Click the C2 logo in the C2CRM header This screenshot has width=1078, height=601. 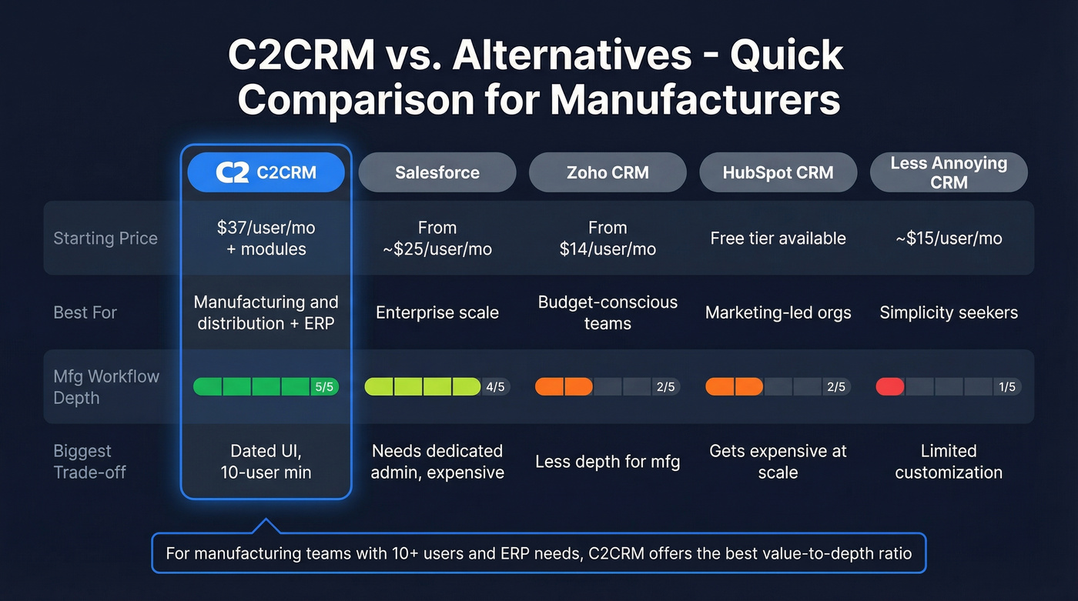tap(232, 172)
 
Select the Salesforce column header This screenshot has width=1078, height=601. tap(437, 172)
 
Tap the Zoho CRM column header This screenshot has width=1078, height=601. tap(608, 172)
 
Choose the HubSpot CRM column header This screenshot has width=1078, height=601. tap(778, 172)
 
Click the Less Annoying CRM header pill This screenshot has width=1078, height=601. tap(949, 172)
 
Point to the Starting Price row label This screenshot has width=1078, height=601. tap(105, 239)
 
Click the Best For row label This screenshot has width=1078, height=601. tap(85, 312)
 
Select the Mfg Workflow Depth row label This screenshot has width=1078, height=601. tap(106, 387)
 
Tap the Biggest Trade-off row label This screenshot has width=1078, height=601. tap(90, 462)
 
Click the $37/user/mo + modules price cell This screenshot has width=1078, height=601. tap(266, 239)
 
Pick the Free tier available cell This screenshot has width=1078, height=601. tap(778, 239)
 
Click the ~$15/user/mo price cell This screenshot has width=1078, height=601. tap(949, 239)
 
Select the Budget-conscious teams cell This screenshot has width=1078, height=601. tap(608, 312)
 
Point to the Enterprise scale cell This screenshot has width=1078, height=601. tap(437, 312)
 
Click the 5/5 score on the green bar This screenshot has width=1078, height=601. tap(324, 387)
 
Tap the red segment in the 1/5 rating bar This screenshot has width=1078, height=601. tap(889, 386)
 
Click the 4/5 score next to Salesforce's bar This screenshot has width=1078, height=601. tap(495, 387)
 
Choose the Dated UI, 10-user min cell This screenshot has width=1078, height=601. tap(266, 462)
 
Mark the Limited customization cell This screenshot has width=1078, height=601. tap(949, 462)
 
